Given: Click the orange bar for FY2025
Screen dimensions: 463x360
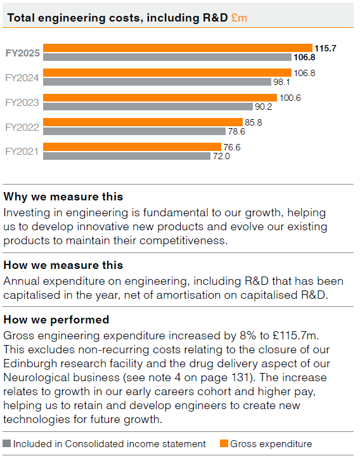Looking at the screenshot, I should coord(177,48).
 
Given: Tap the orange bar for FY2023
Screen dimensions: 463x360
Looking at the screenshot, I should coord(160,97).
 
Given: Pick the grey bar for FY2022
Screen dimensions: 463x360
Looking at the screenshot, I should coord(134,131).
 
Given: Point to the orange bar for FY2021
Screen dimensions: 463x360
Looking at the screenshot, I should coord(132,147).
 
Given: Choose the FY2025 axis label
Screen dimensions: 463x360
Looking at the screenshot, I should coord(23,53).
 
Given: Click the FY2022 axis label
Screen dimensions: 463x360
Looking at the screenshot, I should coord(22,127).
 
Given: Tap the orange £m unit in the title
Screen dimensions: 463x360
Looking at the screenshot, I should coord(239,18).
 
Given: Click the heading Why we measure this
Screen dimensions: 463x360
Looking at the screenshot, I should coord(63,197).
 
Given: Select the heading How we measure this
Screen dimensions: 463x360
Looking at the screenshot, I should coord(63,264).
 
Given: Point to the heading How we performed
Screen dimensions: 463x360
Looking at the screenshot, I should coord(56,319).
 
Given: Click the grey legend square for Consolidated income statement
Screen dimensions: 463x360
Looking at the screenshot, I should coord(7,444).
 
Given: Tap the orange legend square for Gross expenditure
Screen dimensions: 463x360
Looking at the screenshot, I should coord(223,444).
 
